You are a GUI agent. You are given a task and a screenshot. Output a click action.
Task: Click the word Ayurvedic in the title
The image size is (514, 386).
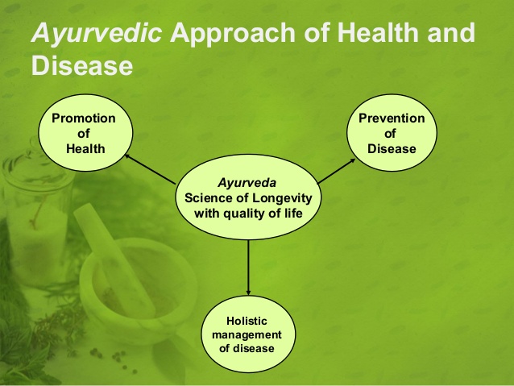tap(97, 34)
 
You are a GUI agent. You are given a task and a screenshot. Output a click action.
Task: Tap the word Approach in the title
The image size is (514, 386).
tap(233, 34)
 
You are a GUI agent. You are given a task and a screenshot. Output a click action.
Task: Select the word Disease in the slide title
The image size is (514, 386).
tap(82, 65)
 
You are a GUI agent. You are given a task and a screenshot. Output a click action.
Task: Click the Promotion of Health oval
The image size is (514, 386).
tap(85, 133)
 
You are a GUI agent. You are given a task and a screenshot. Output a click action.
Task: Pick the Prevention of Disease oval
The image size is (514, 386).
tap(392, 133)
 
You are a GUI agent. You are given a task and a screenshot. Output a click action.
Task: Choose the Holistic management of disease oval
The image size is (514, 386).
tap(248, 334)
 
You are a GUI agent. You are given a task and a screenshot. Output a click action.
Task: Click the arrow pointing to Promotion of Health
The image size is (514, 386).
tap(150, 169)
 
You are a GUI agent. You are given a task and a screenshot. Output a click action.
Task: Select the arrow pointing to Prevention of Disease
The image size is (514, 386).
tap(336, 171)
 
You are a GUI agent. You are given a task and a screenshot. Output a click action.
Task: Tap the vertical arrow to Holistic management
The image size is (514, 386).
tap(248, 268)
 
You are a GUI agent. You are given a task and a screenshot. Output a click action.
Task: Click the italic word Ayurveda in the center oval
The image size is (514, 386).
tap(247, 183)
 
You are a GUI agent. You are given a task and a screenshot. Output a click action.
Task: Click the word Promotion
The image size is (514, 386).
tap(84, 118)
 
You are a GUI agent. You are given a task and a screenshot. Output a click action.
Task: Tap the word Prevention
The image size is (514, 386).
tap(392, 118)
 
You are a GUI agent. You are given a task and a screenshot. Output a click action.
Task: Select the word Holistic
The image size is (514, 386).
tap(247, 321)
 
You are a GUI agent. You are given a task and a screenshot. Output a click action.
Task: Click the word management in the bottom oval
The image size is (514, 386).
tap(247, 335)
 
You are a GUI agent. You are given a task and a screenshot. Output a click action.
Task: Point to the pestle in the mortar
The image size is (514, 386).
tap(113, 255)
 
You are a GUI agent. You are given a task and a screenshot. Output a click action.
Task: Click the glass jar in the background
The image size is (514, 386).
tap(36, 214)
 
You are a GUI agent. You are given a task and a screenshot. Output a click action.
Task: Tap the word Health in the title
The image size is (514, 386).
tap(378, 32)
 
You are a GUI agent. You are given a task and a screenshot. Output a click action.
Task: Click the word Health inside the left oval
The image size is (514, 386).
tap(85, 148)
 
